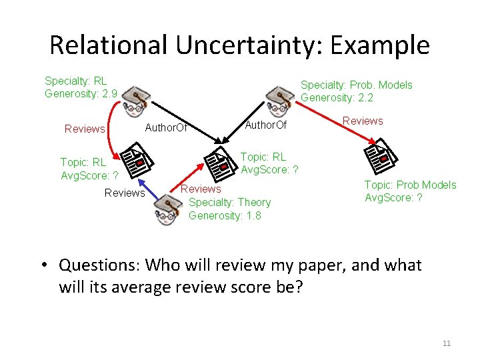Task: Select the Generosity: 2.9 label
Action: click(x=81, y=93)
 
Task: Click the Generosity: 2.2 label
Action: click(x=337, y=97)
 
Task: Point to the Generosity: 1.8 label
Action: click(x=225, y=215)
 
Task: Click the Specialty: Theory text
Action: click(x=230, y=202)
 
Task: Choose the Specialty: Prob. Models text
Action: click(x=356, y=85)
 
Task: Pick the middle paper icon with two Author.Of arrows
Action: click(x=223, y=164)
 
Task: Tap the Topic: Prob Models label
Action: click(x=410, y=185)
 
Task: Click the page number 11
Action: click(x=447, y=343)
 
